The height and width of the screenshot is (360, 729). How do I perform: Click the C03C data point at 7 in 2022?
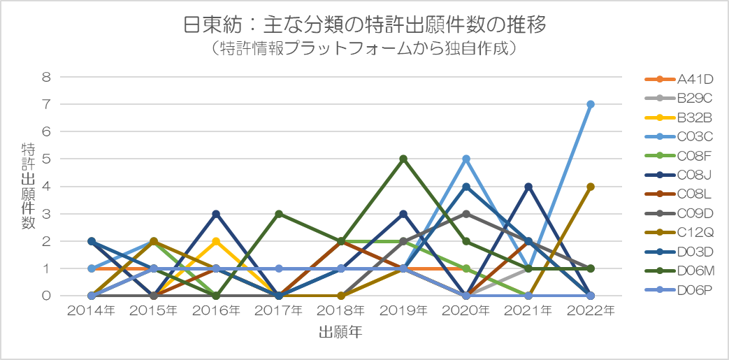tap(591, 104)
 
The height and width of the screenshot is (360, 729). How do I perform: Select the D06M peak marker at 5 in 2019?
tap(403, 159)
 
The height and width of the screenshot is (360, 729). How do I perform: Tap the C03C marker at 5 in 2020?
tap(466, 159)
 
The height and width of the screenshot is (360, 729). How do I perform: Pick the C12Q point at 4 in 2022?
tap(591, 187)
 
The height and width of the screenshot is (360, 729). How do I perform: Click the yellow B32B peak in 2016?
tap(216, 241)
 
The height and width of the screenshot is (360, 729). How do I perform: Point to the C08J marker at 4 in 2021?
tap(528, 187)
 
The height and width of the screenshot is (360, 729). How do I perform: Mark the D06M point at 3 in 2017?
tap(278, 214)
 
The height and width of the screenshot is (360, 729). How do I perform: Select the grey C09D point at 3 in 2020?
tap(466, 214)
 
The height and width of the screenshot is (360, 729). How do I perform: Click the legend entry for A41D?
tap(679, 79)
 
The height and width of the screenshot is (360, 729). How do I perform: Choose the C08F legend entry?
tap(679, 155)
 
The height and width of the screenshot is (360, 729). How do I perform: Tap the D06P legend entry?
tap(679, 289)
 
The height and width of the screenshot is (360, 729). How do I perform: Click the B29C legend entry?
tap(679, 98)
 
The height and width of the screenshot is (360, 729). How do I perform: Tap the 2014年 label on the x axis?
tap(92, 311)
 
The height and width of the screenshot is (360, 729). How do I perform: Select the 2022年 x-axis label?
tap(591, 311)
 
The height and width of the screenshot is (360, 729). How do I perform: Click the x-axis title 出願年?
tap(341, 332)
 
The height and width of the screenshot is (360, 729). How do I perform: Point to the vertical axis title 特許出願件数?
tap(28, 186)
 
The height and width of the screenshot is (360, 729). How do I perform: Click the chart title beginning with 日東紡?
tap(365, 26)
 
